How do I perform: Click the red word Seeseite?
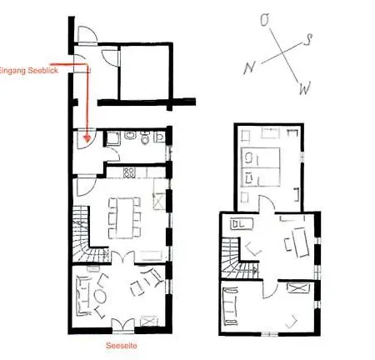(122, 346)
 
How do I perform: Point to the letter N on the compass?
(249, 67)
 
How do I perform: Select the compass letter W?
(305, 88)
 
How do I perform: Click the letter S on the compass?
(307, 40)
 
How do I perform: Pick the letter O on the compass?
(266, 20)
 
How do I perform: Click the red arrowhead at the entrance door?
(87, 137)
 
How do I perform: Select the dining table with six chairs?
(125, 218)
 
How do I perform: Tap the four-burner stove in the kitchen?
(129, 172)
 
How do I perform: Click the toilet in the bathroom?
(145, 137)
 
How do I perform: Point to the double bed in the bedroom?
(261, 167)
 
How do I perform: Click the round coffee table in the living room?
(100, 297)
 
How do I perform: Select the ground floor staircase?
(87, 238)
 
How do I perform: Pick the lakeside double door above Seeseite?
(123, 324)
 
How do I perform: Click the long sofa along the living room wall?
(82, 296)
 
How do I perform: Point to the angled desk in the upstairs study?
(301, 242)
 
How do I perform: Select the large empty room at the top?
(145, 72)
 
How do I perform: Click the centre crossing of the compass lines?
(283, 52)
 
